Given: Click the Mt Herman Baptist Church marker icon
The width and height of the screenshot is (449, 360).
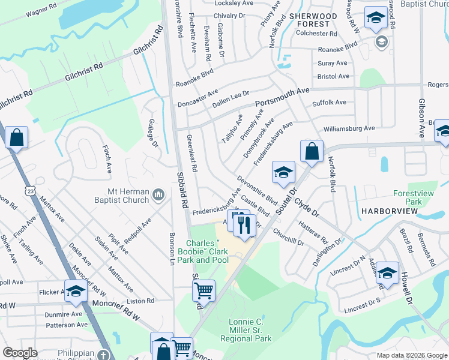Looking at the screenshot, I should click(x=158, y=194).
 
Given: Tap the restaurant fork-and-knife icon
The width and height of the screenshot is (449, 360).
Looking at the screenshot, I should click(x=243, y=224).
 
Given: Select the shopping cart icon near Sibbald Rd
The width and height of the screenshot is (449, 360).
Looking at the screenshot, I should click(x=203, y=291).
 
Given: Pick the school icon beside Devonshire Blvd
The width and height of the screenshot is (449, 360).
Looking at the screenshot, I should click(x=283, y=172).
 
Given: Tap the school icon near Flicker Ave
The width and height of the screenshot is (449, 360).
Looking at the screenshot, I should click(x=76, y=291).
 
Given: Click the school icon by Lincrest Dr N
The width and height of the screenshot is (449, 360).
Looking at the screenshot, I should click(x=387, y=273).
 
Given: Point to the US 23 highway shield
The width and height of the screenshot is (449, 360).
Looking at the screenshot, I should click(x=29, y=190).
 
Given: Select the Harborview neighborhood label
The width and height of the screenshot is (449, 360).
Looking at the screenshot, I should click(x=385, y=212).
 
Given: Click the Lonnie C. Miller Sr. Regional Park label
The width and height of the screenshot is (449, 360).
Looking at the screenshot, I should click(x=250, y=331).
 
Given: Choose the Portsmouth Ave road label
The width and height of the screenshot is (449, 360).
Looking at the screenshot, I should click(x=282, y=98).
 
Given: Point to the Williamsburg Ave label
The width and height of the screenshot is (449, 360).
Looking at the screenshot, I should click(x=349, y=128).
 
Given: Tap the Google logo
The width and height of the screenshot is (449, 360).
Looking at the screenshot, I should click(x=20, y=353).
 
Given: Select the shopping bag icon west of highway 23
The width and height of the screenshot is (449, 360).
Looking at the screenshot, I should click(x=16, y=137).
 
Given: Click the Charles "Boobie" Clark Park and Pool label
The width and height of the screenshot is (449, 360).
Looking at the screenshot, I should click(x=203, y=252).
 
